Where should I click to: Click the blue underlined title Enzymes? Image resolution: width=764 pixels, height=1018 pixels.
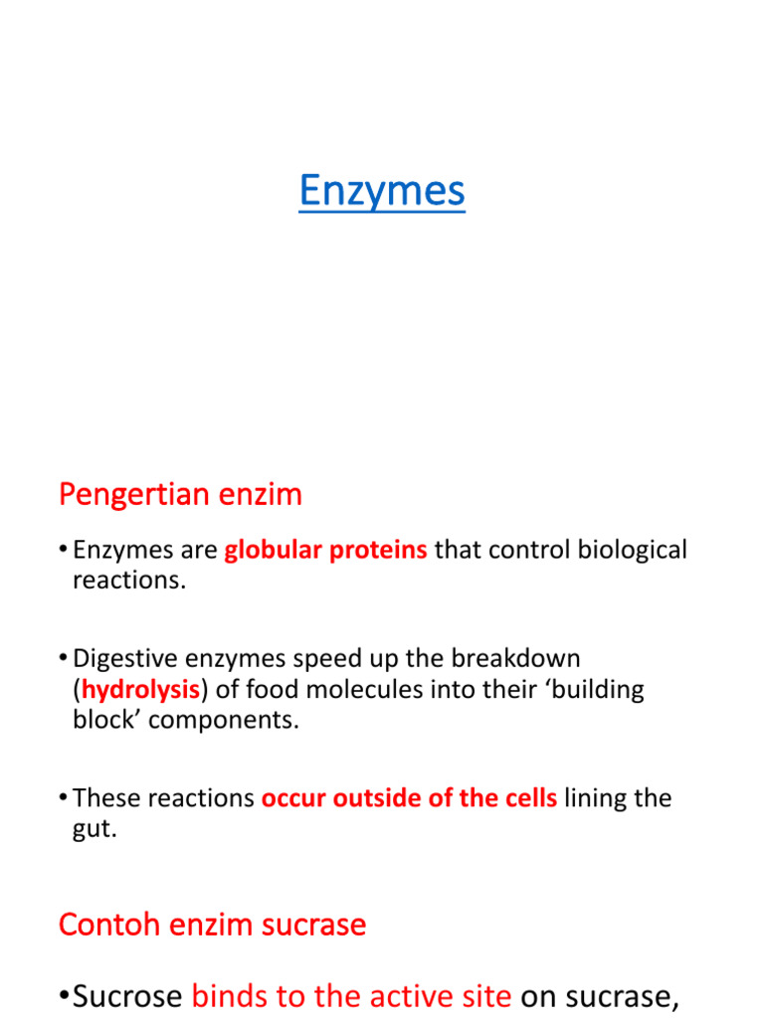pyautogui.click(x=382, y=191)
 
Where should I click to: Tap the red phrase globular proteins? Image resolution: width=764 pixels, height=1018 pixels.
pyautogui.click(x=326, y=550)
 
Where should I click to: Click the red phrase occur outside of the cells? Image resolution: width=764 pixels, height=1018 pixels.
pyautogui.click(x=409, y=798)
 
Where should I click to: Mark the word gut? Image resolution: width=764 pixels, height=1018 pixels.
pyautogui.click(x=94, y=829)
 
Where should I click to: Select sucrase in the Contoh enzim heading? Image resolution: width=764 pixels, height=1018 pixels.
pyautogui.click(x=313, y=925)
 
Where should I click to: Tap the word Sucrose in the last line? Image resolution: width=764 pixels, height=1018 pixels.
pyautogui.click(x=127, y=995)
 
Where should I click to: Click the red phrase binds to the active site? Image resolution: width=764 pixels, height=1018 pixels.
pyautogui.click(x=351, y=995)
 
